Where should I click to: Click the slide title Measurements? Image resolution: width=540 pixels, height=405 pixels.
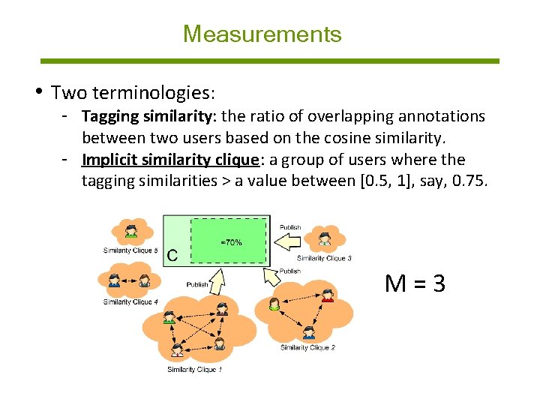(x=262, y=34)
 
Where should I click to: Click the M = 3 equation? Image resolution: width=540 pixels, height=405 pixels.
(x=415, y=283)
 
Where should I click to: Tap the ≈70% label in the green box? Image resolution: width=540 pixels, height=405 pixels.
(x=231, y=242)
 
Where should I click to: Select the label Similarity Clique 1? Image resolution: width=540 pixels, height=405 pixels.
(x=194, y=369)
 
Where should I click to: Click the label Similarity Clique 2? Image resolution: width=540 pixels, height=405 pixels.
(x=307, y=347)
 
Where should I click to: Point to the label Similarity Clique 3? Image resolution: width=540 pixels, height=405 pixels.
(x=324, y=259)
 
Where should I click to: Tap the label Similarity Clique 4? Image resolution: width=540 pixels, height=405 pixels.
(x=130, y=301)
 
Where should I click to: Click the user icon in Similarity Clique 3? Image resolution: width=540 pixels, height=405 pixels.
(x=324, y=238)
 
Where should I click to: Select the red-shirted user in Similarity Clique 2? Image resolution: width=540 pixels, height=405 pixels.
(x=327, y=295)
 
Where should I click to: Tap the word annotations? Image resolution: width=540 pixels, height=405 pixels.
(x=442, y=116)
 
